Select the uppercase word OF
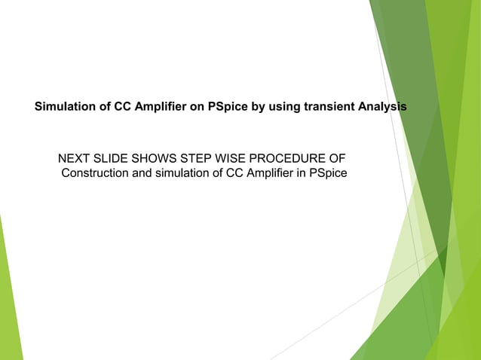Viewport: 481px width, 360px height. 337,160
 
